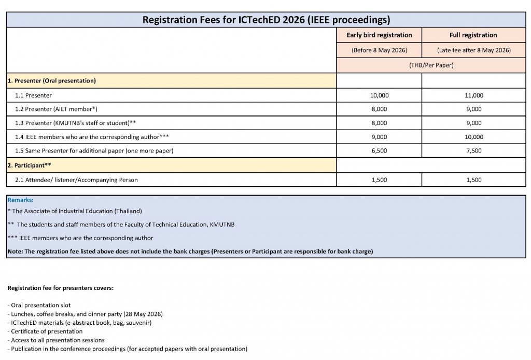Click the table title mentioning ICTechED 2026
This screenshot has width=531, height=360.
tap(265, 20)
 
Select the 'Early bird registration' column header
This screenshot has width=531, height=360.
tap(379, 35)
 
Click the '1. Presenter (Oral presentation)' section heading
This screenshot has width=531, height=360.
tap(52, 81)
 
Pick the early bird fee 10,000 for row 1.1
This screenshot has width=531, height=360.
tap(379, 95)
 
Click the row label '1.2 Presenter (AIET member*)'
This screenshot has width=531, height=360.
tap(56, 109)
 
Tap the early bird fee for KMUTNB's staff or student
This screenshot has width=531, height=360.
tap(379, 123)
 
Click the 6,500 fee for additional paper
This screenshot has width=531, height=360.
tap(379, 151)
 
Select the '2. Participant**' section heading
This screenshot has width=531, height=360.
tap(30, 165)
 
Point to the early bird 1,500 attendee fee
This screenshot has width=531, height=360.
tap(379, 180)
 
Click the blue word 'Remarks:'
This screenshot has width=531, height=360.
tap(21, 200)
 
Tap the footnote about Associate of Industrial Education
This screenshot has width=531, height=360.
tap(75, 211)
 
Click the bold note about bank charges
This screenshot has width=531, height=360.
tap(190, 251)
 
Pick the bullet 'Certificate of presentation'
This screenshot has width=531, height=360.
tap(47, 331)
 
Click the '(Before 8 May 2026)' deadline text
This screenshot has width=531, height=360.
tap(379, 50)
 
